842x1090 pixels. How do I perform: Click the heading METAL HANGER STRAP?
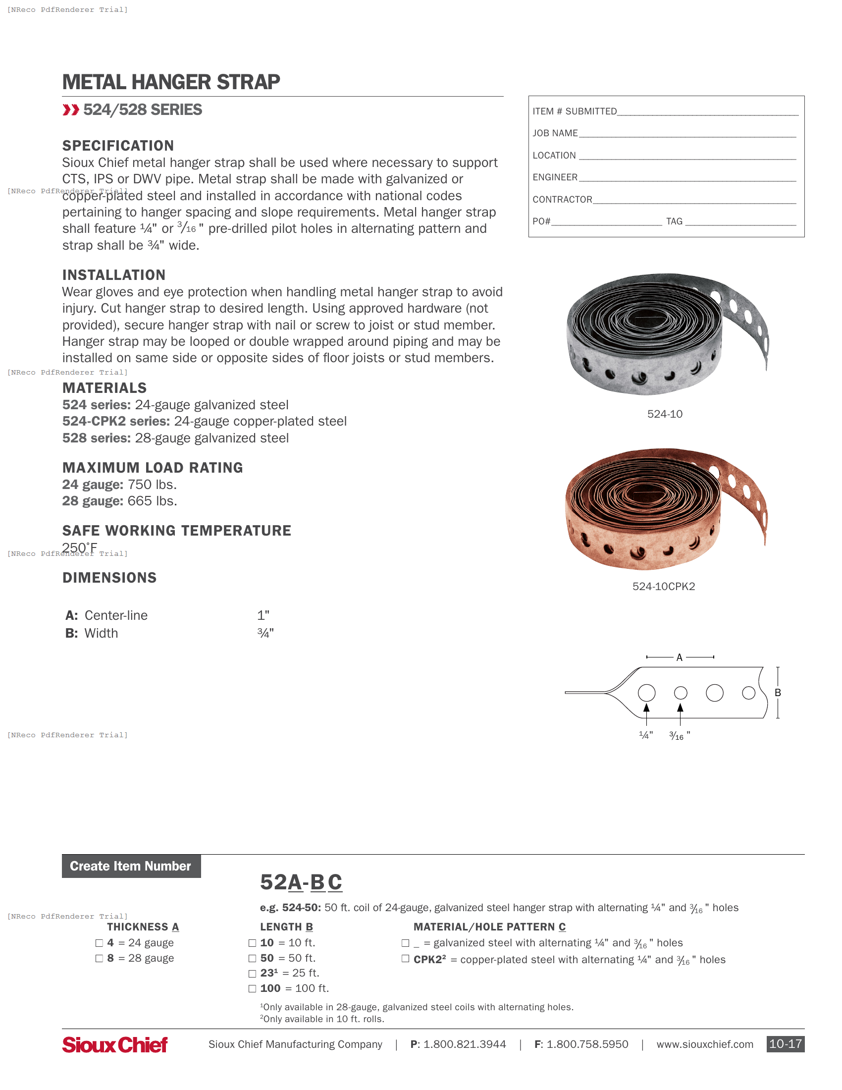(170, 82)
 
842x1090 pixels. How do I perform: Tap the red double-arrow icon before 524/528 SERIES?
(71, 110)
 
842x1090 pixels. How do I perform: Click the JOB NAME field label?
(555, 133)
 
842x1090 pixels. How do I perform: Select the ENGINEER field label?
(555, 177)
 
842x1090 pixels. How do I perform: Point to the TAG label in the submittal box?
(674, 221)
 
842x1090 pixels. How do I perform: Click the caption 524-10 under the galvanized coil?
(664, 414)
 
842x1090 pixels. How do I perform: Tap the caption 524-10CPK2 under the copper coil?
(663, 587)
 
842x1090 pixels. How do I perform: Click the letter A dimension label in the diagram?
(680, 657)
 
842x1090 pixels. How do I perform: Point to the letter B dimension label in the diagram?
(778, 693)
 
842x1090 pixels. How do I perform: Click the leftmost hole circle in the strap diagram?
(646, 693)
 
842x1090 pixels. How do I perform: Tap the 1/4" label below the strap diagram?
(646, 735)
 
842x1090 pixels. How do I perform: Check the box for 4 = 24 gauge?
(99, 943)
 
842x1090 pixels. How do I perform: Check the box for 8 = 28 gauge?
(99, 958)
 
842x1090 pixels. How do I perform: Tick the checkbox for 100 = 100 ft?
(253, 989)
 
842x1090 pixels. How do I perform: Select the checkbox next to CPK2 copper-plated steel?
(406, 959)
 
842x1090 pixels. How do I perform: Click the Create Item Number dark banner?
(131, 866)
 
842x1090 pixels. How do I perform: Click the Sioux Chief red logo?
(115, 1044)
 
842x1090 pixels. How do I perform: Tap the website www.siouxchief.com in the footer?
(704, 1044)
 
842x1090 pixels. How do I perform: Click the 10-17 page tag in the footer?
(785, 1044)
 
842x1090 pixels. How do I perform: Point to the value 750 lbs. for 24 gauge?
(152, 485)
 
